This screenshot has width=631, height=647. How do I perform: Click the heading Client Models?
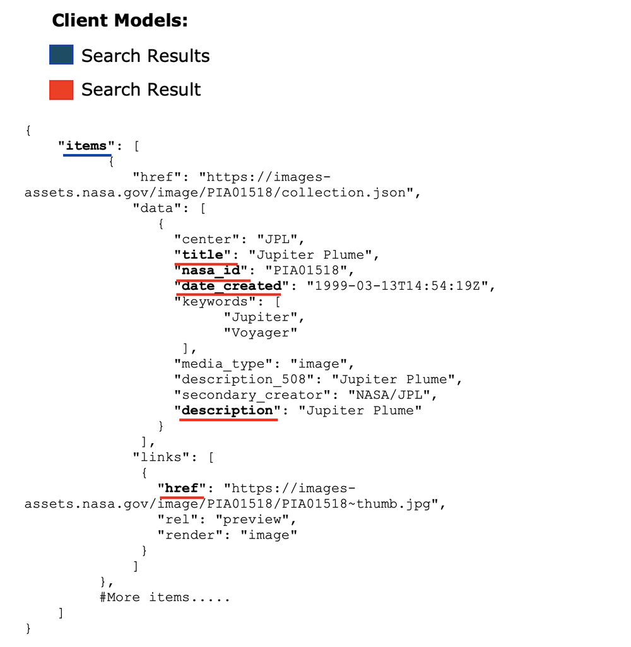pos(120,21)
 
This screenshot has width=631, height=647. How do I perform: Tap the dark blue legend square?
pos(61,55)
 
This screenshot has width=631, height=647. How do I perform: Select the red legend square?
pos(61,90)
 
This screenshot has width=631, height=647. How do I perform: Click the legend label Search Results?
pos(145,56)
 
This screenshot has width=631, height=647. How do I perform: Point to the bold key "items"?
pos(86,146)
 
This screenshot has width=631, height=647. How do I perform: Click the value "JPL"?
pos(280,239)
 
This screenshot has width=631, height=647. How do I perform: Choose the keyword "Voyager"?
pos(260,332)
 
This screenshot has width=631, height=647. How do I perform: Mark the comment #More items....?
pos(165,597)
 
